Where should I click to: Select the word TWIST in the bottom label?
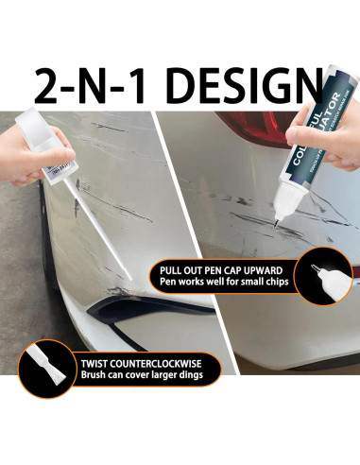coord(76,362)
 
